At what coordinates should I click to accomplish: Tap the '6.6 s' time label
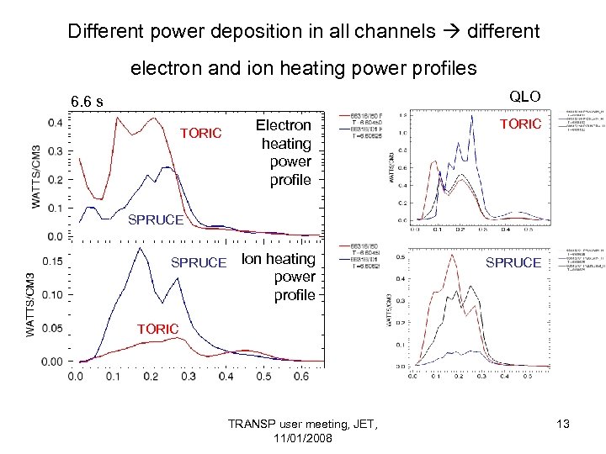click(88, 103)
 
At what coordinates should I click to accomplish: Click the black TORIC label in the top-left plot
click(200, 133)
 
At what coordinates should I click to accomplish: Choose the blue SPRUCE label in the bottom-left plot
click(199, 262)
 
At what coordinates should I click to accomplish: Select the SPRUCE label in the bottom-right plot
click(513, 262)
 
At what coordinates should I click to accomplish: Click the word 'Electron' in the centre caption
click(283, 125)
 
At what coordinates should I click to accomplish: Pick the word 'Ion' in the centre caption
click(251, 259)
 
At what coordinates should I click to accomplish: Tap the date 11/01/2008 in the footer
click(303, 439)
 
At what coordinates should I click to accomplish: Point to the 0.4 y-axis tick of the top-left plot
click(56, 123)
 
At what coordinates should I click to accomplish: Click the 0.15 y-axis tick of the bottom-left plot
click(52, 261)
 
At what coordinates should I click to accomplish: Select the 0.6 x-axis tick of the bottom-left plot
click(300, 377)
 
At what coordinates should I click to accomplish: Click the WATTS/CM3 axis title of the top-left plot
click(37, 179)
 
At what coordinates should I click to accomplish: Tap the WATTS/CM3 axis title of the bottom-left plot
click(31, 305)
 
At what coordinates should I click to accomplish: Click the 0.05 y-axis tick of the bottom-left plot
click(52, 328)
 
